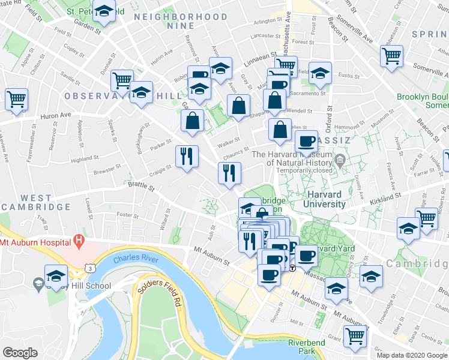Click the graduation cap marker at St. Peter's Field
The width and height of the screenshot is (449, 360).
click(104, 12)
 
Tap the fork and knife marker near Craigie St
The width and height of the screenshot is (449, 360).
click(186, 156)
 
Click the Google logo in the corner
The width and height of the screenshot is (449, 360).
click(20, 353)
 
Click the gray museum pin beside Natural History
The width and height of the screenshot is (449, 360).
click(340, 160)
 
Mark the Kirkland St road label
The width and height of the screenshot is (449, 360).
click(384, 199)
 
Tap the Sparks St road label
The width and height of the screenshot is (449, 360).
click(110, 129)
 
